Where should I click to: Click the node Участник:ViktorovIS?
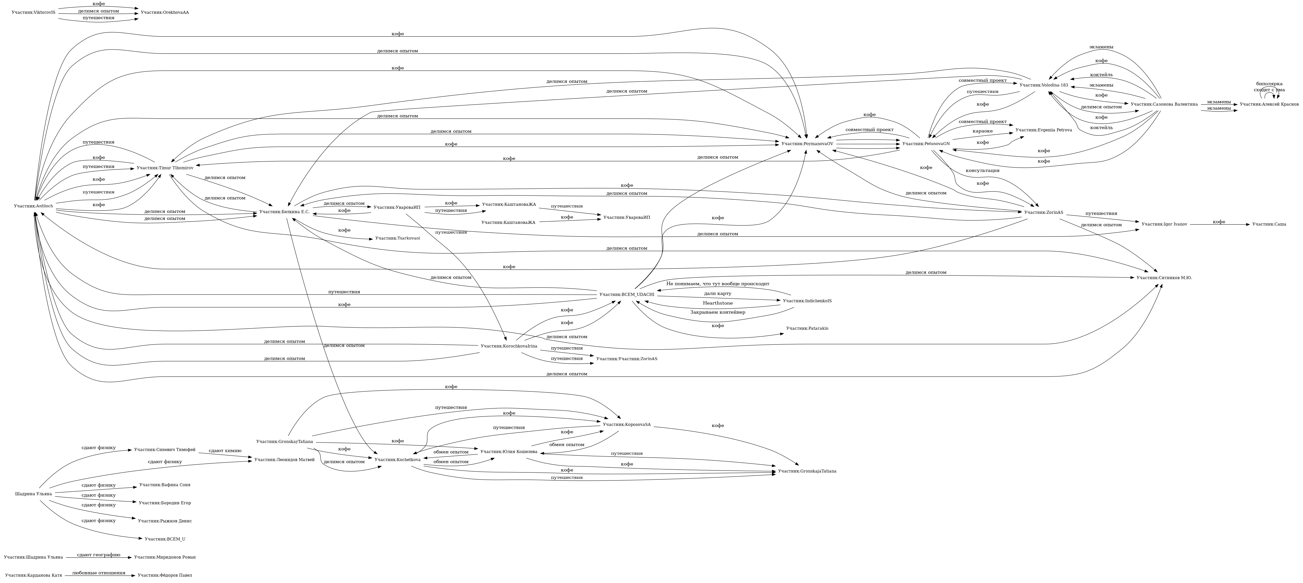click(x=33, y=12)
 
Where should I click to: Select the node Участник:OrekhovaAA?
click(x=165, y=12)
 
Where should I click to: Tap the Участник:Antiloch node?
click(x=33, y=206)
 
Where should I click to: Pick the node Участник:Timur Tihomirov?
click(x=165, y=168)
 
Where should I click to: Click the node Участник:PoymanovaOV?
click(x=807, y=144)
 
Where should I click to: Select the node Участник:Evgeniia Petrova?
click(x=1044, y=130)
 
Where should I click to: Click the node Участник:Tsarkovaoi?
click(x=398, y=238)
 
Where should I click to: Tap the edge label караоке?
click(x=982, y=131)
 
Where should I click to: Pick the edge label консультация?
click(x=982, y=171)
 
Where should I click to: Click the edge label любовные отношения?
click(x=99, y=573)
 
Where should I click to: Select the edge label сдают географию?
click(x=99, y=555)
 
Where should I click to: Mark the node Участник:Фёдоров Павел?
click(x=165, y=575)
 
